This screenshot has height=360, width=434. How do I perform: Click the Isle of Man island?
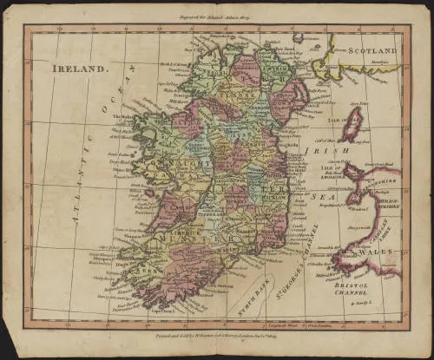click(351, 123)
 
